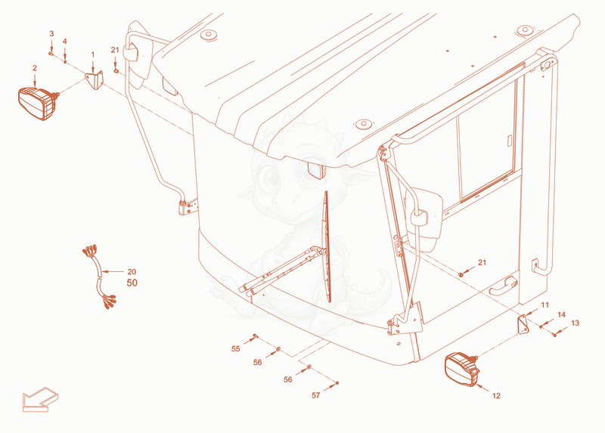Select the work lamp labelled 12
click(462, 370)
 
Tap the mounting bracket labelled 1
click(95, 79)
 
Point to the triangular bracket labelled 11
click(523, 325)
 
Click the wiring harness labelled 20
click(99, 276)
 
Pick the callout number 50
click(132, 283)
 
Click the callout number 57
click(315, 395)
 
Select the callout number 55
click(236, 349)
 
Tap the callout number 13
click(575, 323)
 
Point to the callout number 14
click(561, 314)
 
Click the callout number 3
click(51, 34)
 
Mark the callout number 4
click(65, 42)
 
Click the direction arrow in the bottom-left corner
click(40, 400)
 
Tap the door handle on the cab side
click(503, 286)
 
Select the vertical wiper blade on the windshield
click(327, 247)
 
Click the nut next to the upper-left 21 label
click(116, 71)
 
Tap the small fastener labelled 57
click(337, 382)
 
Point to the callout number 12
click(496, 396)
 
